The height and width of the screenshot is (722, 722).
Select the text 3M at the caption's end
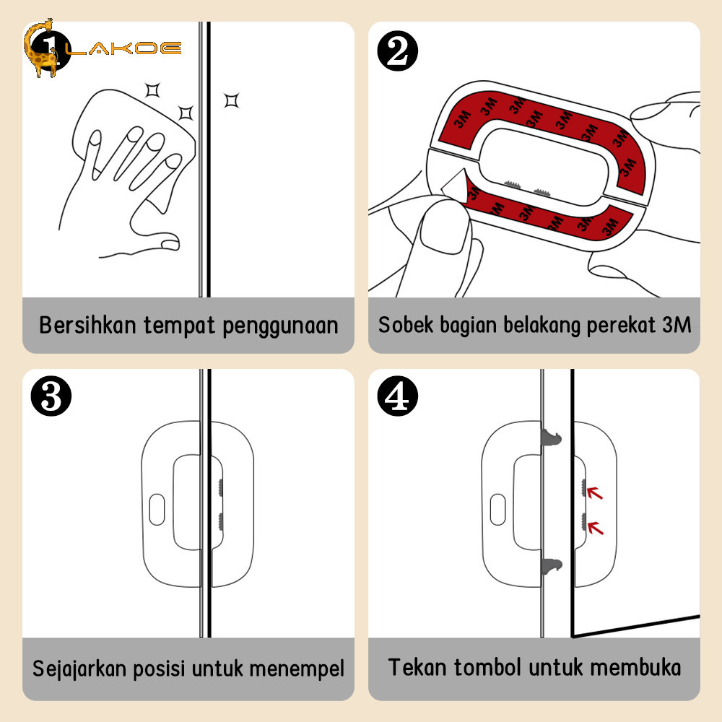[676, 325]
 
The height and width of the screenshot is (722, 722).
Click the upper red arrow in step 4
[595, 494]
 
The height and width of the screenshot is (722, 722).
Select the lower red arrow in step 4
[595, 528]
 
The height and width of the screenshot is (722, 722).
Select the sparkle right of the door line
[231, 100]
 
